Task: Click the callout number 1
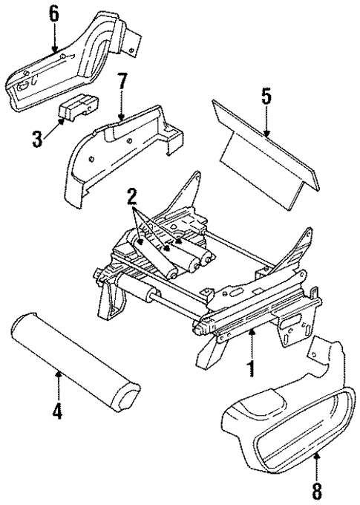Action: [x=252, y=368]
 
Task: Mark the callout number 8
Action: [x=317, y=491]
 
